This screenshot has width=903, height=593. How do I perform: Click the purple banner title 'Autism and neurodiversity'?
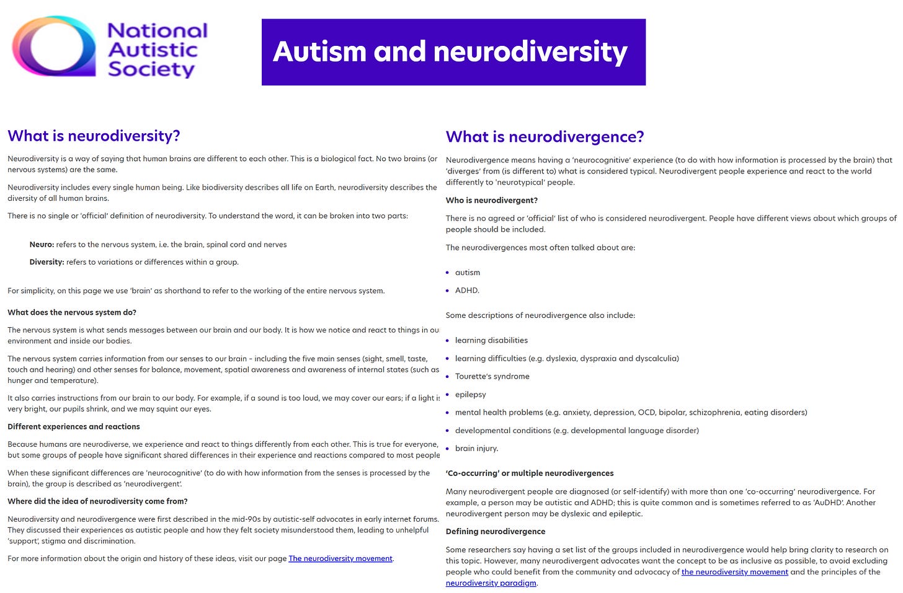tap(450, 51)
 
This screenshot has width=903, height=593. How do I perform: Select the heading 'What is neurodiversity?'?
tap(94, 136)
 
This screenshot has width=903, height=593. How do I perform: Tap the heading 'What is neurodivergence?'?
tap(545, 137)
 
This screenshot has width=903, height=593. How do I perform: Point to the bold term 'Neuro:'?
tap(42, 245)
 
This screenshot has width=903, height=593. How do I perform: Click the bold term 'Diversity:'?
tap(47, 262)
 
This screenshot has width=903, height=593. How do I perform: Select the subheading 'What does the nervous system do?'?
tap(72, 312)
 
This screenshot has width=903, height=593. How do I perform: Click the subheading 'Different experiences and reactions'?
tap(74, 426)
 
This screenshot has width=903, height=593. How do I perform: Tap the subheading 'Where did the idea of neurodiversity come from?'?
tap(97, 501)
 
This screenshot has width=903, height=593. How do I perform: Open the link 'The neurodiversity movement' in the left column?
tap(340, 558)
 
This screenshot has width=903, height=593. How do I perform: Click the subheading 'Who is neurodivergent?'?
tap(492, 200)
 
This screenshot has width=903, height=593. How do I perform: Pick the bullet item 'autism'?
tap(468, 273)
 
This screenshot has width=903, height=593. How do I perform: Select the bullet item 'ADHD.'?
tap(467, 291)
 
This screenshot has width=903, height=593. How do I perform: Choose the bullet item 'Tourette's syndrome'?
tap(492, 376)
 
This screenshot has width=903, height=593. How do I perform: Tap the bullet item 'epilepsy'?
tap(471, 394)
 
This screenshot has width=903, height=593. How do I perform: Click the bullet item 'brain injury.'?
tap(476, 449)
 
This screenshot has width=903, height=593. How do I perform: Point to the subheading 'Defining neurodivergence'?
tap(496, 531)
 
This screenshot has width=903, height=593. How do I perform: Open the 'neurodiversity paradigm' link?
tap(491, 583)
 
